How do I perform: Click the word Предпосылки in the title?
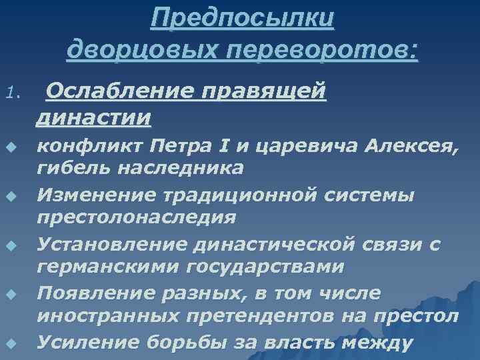coord(242,18)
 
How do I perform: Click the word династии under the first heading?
coord(93,118)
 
